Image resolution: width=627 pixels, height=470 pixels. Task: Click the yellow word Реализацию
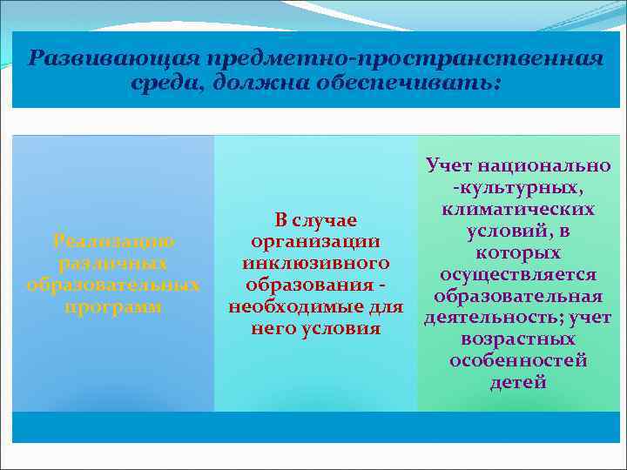tap(113, 240)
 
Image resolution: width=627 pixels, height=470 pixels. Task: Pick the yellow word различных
tap(113, 262)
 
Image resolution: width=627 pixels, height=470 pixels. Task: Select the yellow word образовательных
tap(113, 285)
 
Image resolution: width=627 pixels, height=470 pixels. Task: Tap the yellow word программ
tap(113, 306)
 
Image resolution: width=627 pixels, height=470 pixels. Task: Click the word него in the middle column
tap(273, 328)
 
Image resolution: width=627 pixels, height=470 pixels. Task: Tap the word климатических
tap(518, 209)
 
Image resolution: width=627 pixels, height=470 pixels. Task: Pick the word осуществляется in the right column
tap(518, 274)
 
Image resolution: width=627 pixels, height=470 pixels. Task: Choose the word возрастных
tap(518, 339)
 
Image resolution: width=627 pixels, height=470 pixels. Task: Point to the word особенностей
tap(518, 360)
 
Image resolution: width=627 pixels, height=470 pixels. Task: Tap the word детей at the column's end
tap(518, 382)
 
